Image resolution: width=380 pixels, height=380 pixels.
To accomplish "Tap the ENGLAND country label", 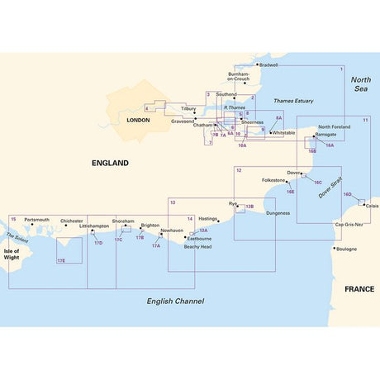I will tap(111, 164).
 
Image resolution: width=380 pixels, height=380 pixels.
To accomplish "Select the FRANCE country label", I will tap(354, 289).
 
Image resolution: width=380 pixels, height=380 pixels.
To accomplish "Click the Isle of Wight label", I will tap(12, 254).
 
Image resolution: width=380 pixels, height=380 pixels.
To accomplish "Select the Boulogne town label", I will tap(347, 249).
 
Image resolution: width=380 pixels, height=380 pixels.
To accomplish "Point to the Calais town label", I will tap(373, 206).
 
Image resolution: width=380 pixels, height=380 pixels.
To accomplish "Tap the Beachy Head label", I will tap(197, 246).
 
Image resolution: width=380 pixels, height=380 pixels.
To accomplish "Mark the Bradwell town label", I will tap(269, 64).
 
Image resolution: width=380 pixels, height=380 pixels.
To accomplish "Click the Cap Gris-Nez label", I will tap(349, 225).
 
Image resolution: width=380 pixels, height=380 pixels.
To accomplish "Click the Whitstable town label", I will tap(283, 132).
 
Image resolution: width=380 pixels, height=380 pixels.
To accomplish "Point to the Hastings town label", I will tap(207, 219).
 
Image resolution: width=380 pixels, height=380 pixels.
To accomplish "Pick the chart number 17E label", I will tap(61, 260).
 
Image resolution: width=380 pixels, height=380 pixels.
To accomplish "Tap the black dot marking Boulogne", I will tap(335, 249).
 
